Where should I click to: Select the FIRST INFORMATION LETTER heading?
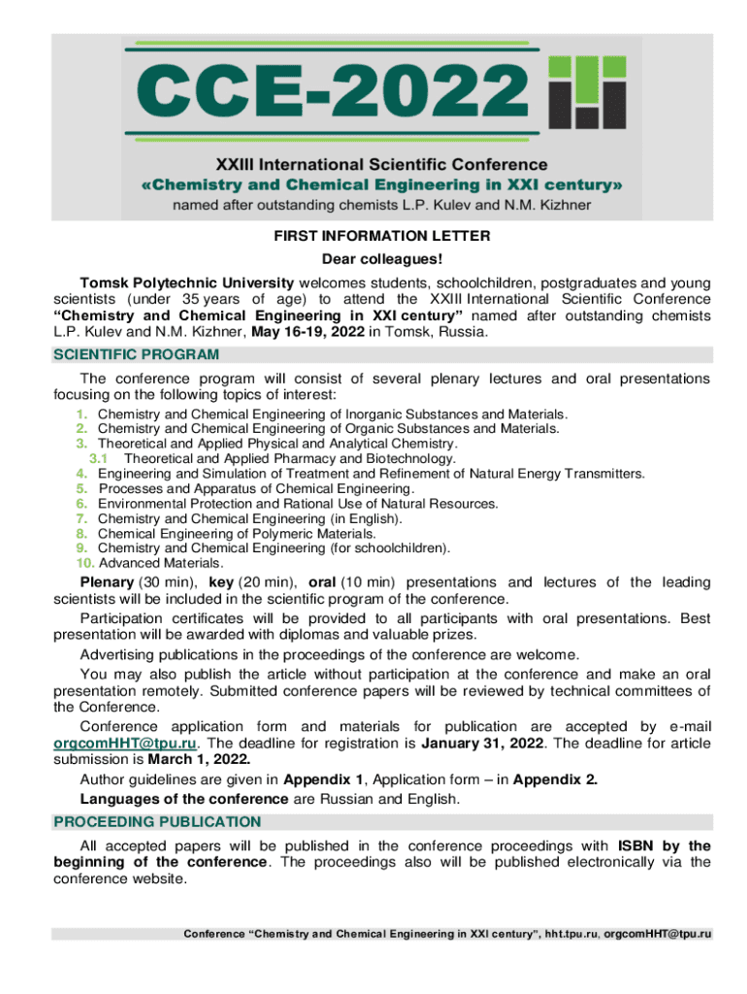[373, 236]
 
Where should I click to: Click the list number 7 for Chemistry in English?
[82, 519]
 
